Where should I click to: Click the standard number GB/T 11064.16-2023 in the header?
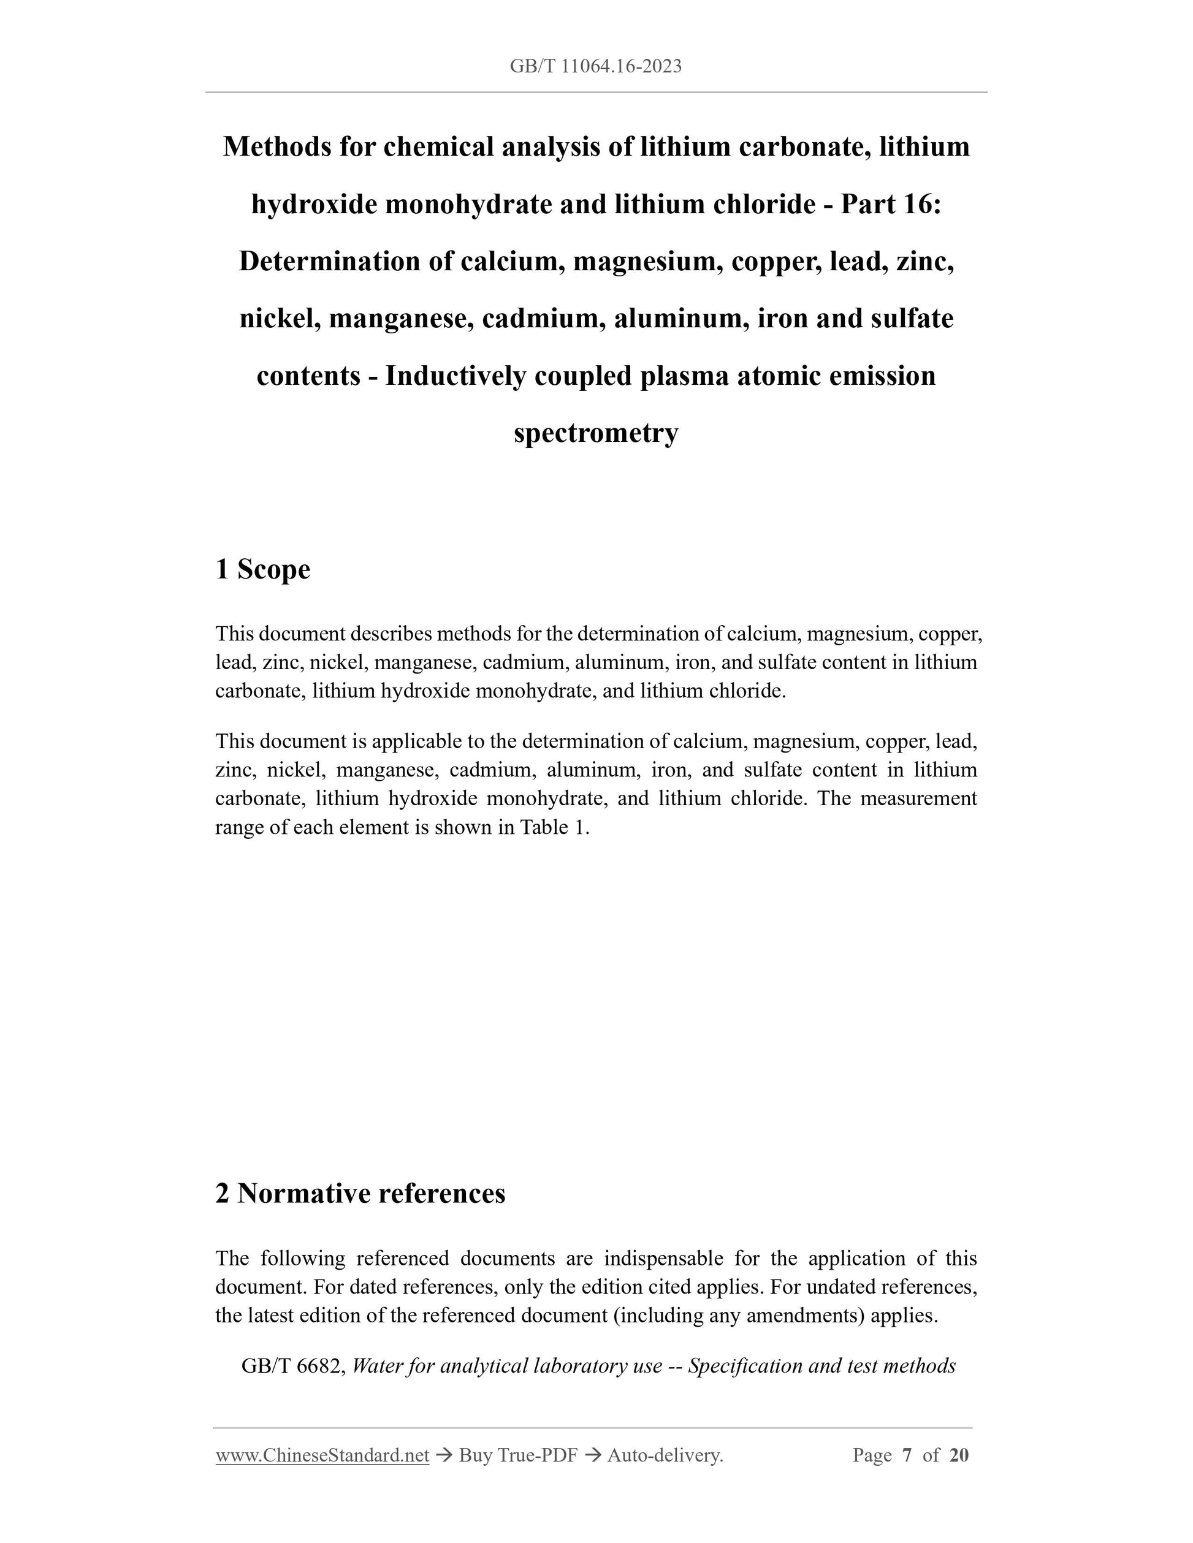[595, 66]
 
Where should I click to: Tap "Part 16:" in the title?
[891, 204]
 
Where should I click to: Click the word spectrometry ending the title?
[596, 433]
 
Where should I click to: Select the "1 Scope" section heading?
[262, 569]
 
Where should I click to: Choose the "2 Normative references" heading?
[360, 1193]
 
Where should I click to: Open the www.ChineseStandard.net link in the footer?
[322, 1455]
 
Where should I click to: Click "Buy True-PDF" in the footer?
[518, 1455]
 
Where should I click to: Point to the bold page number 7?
[907, 1455]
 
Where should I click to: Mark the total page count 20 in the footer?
[959, 1455]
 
